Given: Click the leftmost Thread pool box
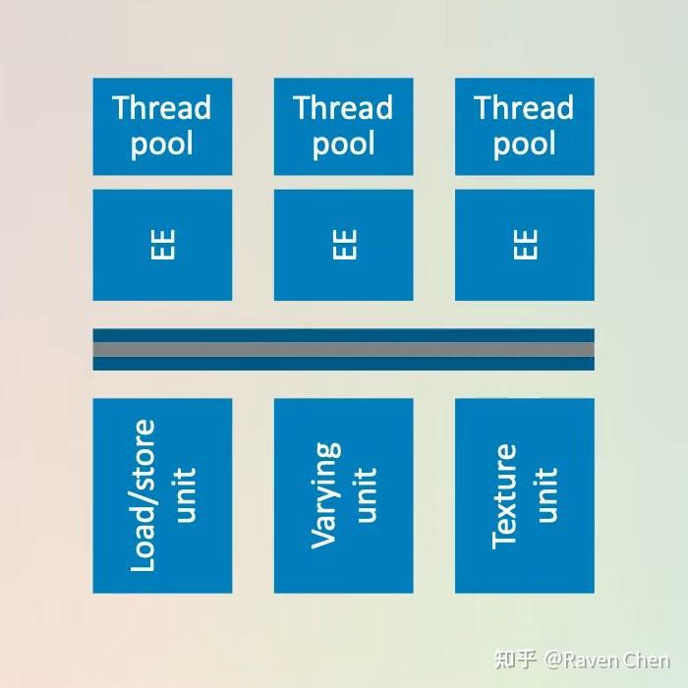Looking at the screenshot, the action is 162,127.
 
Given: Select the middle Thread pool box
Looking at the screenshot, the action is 343,127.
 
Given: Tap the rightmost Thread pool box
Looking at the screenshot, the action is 524,127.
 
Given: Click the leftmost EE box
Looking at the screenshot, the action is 162,245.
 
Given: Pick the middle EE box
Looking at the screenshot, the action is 343,245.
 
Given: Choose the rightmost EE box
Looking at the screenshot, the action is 524,245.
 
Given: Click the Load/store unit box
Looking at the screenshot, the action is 162,495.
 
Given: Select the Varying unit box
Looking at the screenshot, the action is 343,495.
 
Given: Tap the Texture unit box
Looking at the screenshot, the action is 524,495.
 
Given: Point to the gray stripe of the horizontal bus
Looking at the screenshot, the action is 343,349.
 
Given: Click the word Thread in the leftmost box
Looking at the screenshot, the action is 162,108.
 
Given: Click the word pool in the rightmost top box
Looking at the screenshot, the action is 524,145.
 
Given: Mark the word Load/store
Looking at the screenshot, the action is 143,495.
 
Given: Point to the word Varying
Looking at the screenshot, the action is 325,495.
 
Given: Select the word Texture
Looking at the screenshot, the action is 505,495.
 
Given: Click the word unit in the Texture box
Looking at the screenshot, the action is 546,495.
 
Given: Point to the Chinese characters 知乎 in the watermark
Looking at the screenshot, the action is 517,660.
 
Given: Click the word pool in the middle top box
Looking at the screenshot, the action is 343,145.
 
